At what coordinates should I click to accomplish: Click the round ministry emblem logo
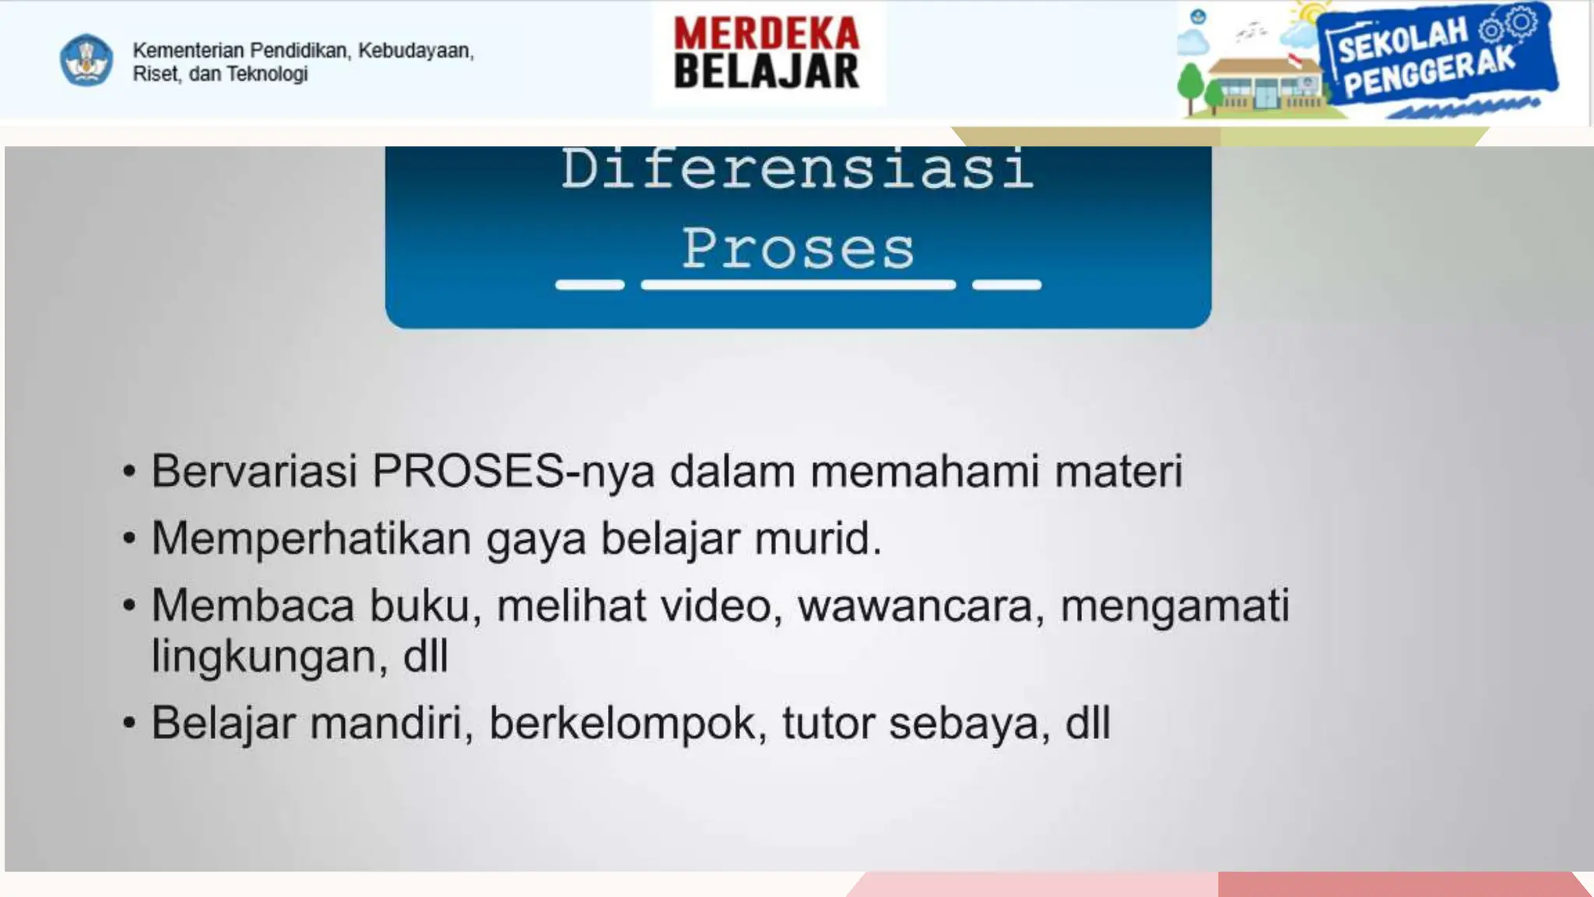pos(86,60)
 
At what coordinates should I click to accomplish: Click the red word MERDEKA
pos(767,33)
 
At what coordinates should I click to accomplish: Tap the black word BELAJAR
pos(767,72)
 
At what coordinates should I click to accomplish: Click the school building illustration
pos(1265,86)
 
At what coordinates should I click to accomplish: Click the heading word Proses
pos(798,249)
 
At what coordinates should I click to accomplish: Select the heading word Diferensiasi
pos(798,169)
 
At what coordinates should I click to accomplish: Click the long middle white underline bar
pos(798,285)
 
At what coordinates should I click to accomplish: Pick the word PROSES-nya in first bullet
pos(513,472)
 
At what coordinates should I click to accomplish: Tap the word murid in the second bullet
pos(817,539)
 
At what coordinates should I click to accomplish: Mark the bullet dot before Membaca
pos(129,605)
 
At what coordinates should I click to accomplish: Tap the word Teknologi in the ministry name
pos(267,74)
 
